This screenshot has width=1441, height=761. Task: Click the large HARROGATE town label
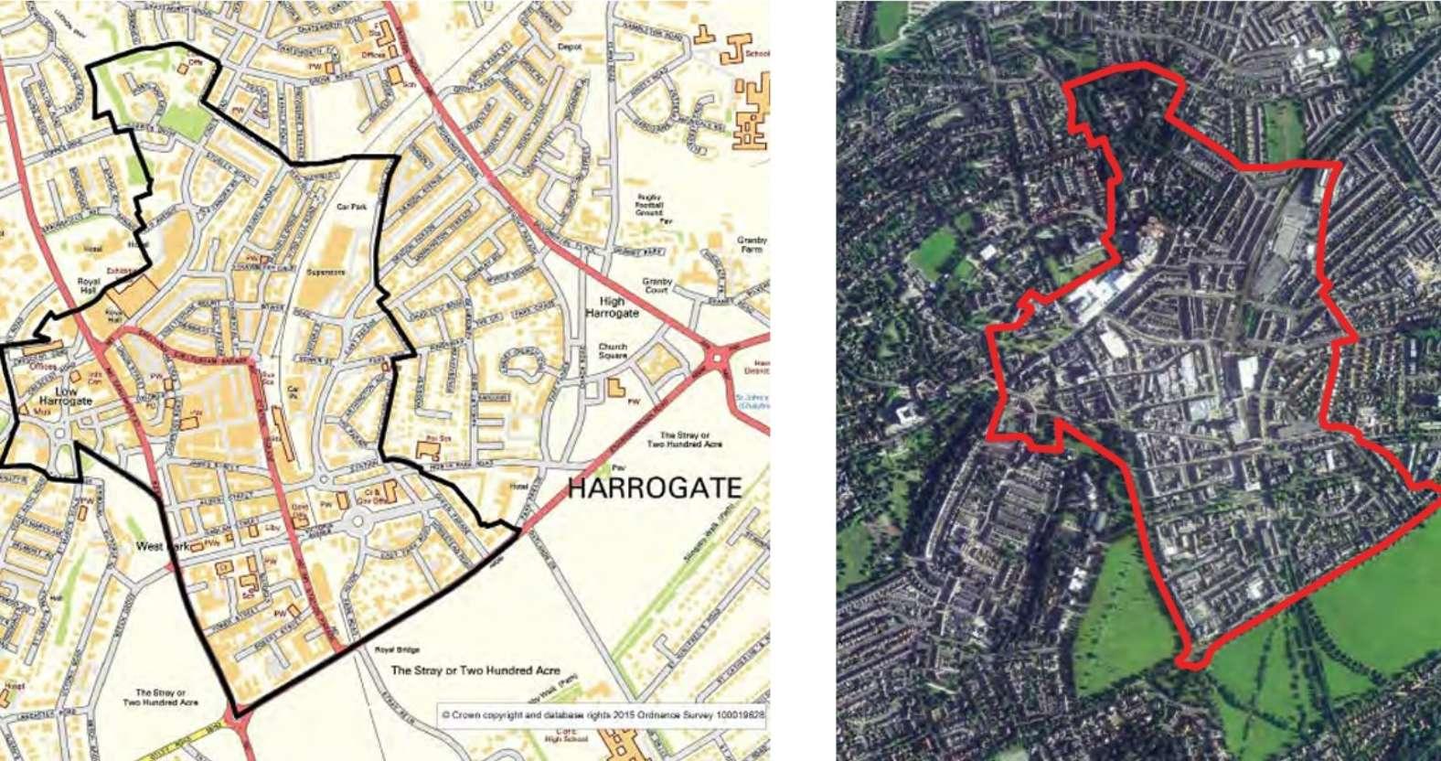pyautogui.click(x=655, y=488)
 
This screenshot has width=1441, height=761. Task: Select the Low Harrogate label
pyautogui.click(x=66, y=394)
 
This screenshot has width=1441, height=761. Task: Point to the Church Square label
pyautogui.click(x=613, y=351)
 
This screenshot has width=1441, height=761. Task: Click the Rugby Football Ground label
pyautogui.click(x=648, y=206)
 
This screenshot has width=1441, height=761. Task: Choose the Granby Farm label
pyautogui.click(x=752, y=244)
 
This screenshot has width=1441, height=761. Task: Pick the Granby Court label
pyautogui.click(x=657, y=286)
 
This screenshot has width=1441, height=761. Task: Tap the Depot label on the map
pyautogui.click(x=570, y=46)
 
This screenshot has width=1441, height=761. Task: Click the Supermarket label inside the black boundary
pyautogui.click(x=326, y=272)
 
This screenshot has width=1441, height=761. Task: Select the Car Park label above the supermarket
pyautogui.click(x=351, y=207)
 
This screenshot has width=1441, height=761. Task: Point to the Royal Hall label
pyautogui.click(x=89, y=286)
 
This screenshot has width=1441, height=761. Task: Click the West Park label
pyautogui.click(x=162, y=546)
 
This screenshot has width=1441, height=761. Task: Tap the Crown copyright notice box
pyautogui.click(x=602, y=715)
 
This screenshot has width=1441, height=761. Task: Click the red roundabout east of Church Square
pyautogui.click(x=718, y=358)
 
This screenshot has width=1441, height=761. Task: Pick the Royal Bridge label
pyautogui.click(x=397, y=649)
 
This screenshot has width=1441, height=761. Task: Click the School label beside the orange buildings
pyautogui.click(x=758, y=54)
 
